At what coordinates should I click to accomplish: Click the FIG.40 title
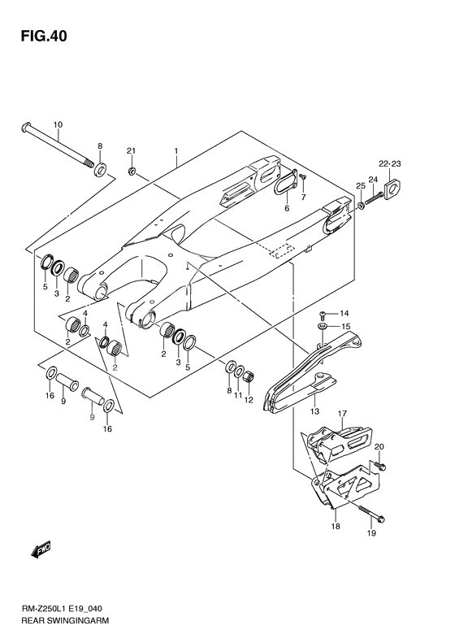44,36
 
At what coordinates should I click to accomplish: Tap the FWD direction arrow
41,550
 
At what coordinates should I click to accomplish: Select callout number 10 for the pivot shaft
58,124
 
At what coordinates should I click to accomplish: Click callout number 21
131,151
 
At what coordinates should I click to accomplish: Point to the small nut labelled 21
132,171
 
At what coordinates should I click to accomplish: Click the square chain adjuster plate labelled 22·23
392,189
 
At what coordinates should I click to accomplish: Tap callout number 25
360,186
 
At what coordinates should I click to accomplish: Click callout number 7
303,198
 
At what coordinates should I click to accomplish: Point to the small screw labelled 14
323,315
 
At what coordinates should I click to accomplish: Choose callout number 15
345,327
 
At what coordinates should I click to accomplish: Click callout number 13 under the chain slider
314,411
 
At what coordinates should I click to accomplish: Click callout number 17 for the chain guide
342,413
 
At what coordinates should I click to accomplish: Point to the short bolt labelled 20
379,465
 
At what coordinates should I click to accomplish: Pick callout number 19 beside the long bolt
371,533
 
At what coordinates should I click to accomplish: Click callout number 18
336,526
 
